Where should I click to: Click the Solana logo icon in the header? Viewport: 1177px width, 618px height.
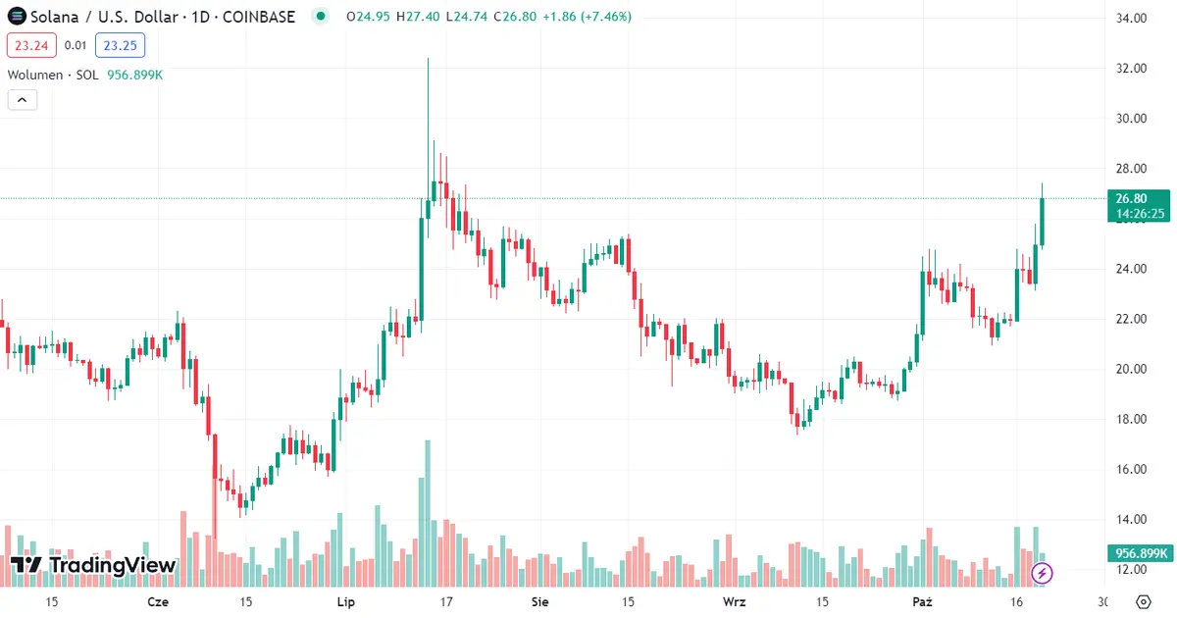pos(16,17)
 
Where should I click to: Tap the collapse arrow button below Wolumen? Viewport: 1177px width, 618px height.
pos(22,99)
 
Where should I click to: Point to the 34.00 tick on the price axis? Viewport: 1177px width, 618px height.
pos(1132,18)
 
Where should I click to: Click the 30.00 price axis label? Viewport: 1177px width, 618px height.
pos(1132,119)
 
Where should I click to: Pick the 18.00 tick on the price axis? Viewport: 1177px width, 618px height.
pos(1132,419)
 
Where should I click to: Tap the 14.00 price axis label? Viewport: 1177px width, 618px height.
pos(1132,519)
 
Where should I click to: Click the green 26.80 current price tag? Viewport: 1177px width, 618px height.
pos(1138,198)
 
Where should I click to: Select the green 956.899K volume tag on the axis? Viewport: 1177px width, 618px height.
pos(1138,553)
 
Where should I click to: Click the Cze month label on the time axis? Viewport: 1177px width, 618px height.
pos(157,601)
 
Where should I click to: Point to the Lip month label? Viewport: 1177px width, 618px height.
pos(345,601)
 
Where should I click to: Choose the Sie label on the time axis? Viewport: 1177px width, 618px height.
pos(538,601)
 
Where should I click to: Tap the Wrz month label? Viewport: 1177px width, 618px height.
pos(734,601)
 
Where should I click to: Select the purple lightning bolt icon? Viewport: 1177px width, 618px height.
pos(1043,572)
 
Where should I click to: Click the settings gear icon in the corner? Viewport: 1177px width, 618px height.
pos(1144,601)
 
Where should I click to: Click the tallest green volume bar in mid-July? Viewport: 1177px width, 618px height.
pos(428,510)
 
